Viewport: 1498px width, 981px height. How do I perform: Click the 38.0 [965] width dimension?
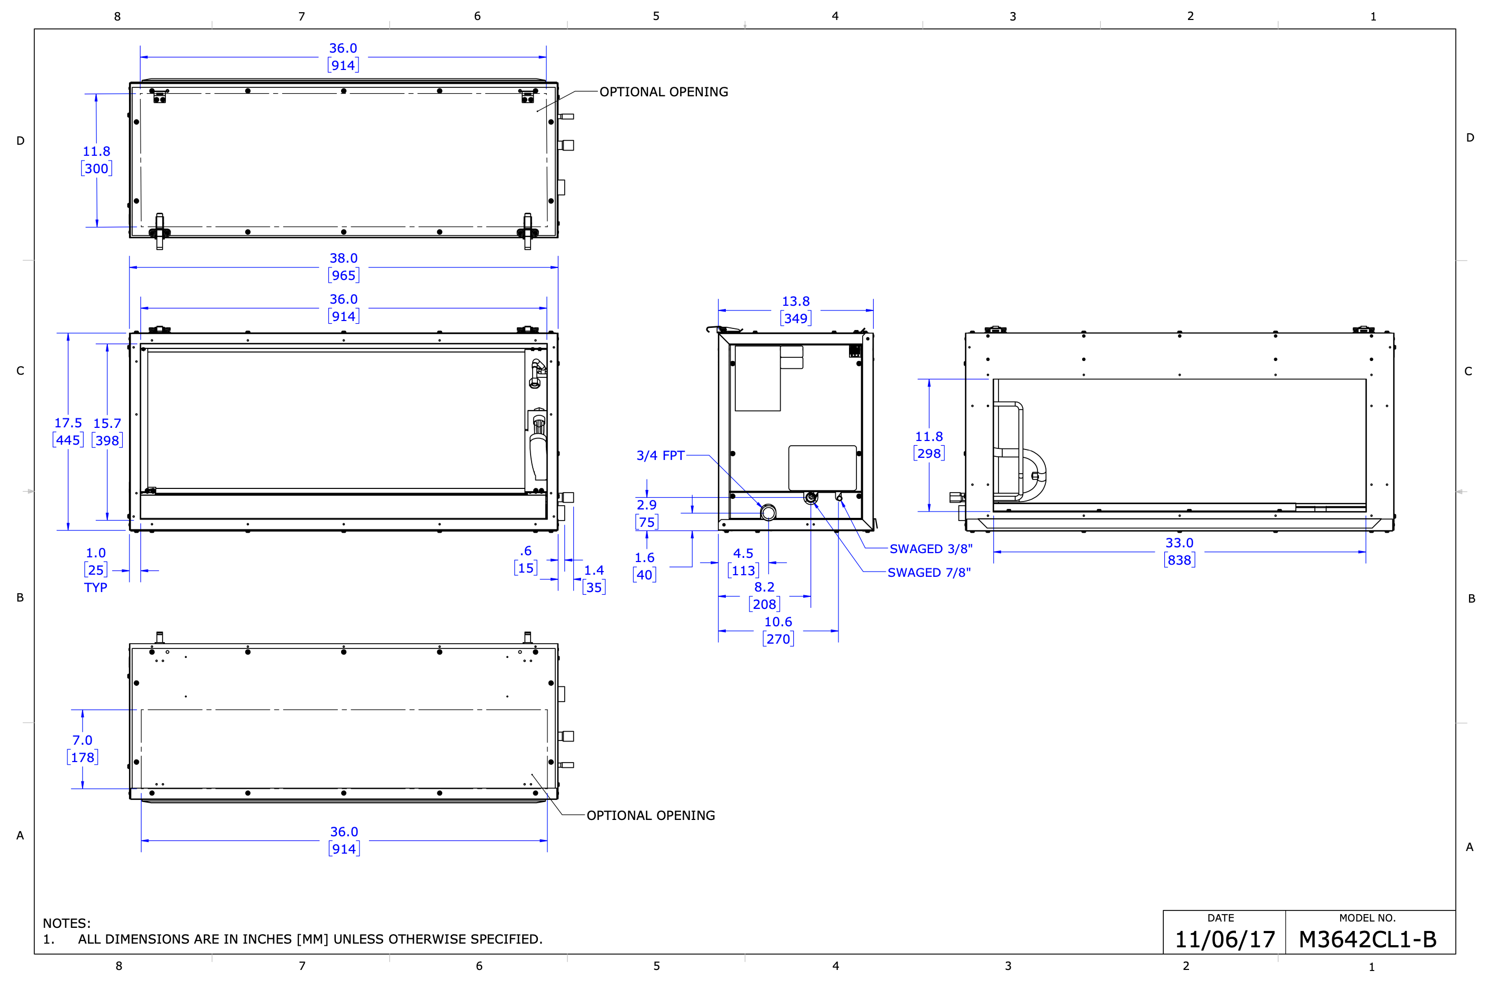tap(344, 267)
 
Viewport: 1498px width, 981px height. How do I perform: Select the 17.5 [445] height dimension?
tap(68, 432)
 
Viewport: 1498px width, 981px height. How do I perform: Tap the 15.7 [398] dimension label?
tap(107, 432)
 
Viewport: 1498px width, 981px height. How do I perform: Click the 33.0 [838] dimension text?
tap(1180, 551)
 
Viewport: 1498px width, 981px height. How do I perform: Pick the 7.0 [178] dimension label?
tap(83, 749)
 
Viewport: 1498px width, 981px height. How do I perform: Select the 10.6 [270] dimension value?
tap(778, 630)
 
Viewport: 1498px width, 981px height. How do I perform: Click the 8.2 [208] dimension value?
tap(764, 595)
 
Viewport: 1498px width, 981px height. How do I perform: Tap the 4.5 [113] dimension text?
tap(743, 562)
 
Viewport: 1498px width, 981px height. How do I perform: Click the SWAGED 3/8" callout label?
tap(931, 549)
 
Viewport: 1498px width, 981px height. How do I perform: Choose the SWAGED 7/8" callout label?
tap(929, 573)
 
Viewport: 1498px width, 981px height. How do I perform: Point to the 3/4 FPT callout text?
tap(660, 455)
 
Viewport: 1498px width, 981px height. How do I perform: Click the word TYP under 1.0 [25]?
tap(96, 587)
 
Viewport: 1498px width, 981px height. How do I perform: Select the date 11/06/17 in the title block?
tap(1225, 939)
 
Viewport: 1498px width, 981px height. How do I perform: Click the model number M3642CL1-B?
tap(1367, 939)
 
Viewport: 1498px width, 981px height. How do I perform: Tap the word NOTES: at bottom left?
tap(67, 923)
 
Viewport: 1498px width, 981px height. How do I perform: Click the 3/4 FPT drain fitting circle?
tap(768, 513)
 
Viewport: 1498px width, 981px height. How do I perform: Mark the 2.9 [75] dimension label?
tap(646, 514)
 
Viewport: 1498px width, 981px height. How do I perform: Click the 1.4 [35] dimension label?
tap(594, 579)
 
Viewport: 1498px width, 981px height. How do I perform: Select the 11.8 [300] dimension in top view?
tap(96, 160)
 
